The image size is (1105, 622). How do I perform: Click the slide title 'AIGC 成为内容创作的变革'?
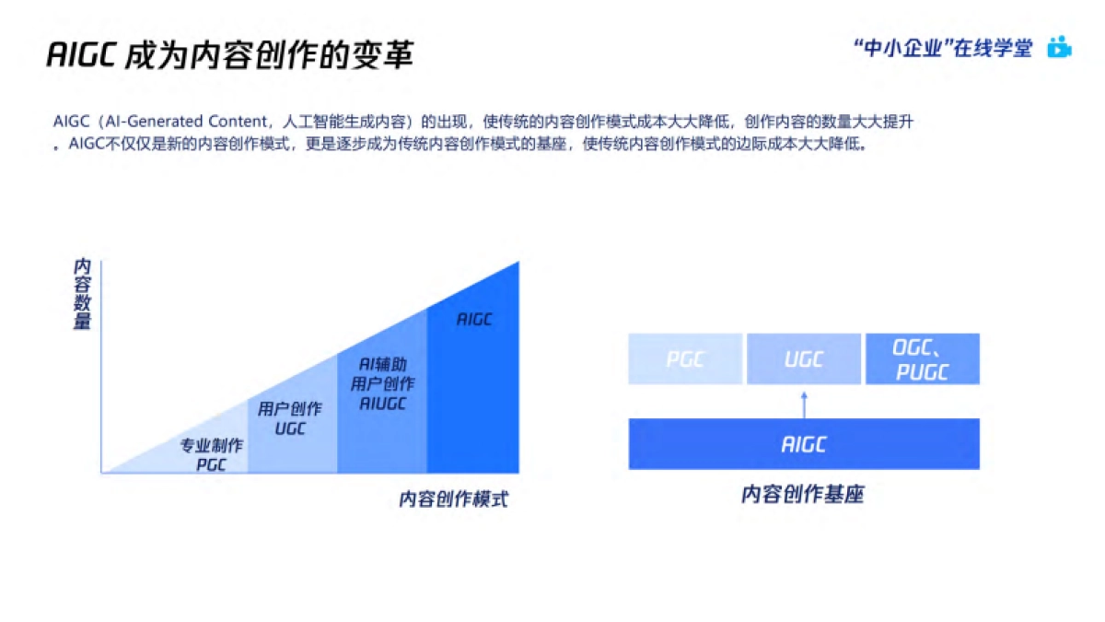pyautogui.click(x=229, y=55)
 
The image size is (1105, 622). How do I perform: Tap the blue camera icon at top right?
pyautogui.click(x=1060, y=47)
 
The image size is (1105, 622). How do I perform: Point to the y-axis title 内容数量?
pyautogui.click(x=82, y=294)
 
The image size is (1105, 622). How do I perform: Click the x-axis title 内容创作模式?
pyautogui.click(x=453, y=499)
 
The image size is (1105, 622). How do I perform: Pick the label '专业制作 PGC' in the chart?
pyautogui.click(x=211, y=454)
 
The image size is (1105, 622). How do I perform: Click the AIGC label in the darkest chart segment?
pyautogui.click(x=474, y=320)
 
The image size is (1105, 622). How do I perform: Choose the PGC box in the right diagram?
pyautogui.click(x=685, y=358)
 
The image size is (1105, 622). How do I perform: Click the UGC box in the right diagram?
pyautogui.click(x=803, y=358)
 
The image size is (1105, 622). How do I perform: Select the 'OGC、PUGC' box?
pyautogui.click(x=922, y=358)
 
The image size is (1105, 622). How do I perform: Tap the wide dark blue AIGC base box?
pyautogui.click(x=803, y=444)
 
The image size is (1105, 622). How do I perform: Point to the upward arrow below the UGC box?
pyautogui.click(x=804, y=402)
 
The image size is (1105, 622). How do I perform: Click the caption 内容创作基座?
pyautogui.click(x=802, y=494)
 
